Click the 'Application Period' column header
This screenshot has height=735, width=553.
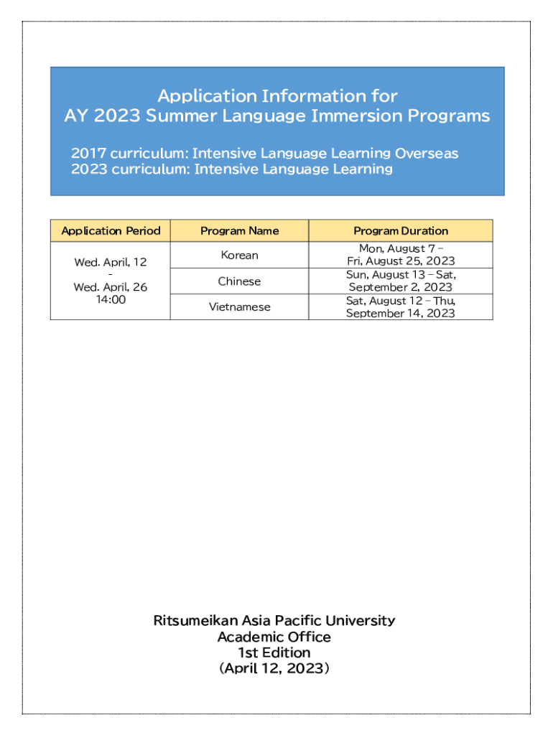[111, 230]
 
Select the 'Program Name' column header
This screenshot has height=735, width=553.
[239, 230]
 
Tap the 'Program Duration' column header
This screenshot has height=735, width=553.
[401, 230]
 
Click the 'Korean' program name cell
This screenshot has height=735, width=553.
[239, 255]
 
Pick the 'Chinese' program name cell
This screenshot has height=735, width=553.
[239, 281]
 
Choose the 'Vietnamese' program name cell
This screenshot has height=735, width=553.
[239, 306]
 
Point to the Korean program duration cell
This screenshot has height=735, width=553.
[401, 255]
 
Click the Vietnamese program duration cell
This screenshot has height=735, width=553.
[401, 306]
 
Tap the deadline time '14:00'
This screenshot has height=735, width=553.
[111, 299]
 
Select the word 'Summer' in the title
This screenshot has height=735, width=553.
[177, 116]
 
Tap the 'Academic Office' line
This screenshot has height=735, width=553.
[274, 637]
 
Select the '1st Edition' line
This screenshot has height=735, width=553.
[274, 652]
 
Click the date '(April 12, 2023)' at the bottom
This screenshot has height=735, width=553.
[274, 668]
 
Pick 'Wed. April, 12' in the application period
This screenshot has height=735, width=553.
[111, 262]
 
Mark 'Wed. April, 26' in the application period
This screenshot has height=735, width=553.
[111, 286]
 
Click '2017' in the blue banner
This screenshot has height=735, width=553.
[88, 153]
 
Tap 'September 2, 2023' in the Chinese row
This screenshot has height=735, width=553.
[401, 287]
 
